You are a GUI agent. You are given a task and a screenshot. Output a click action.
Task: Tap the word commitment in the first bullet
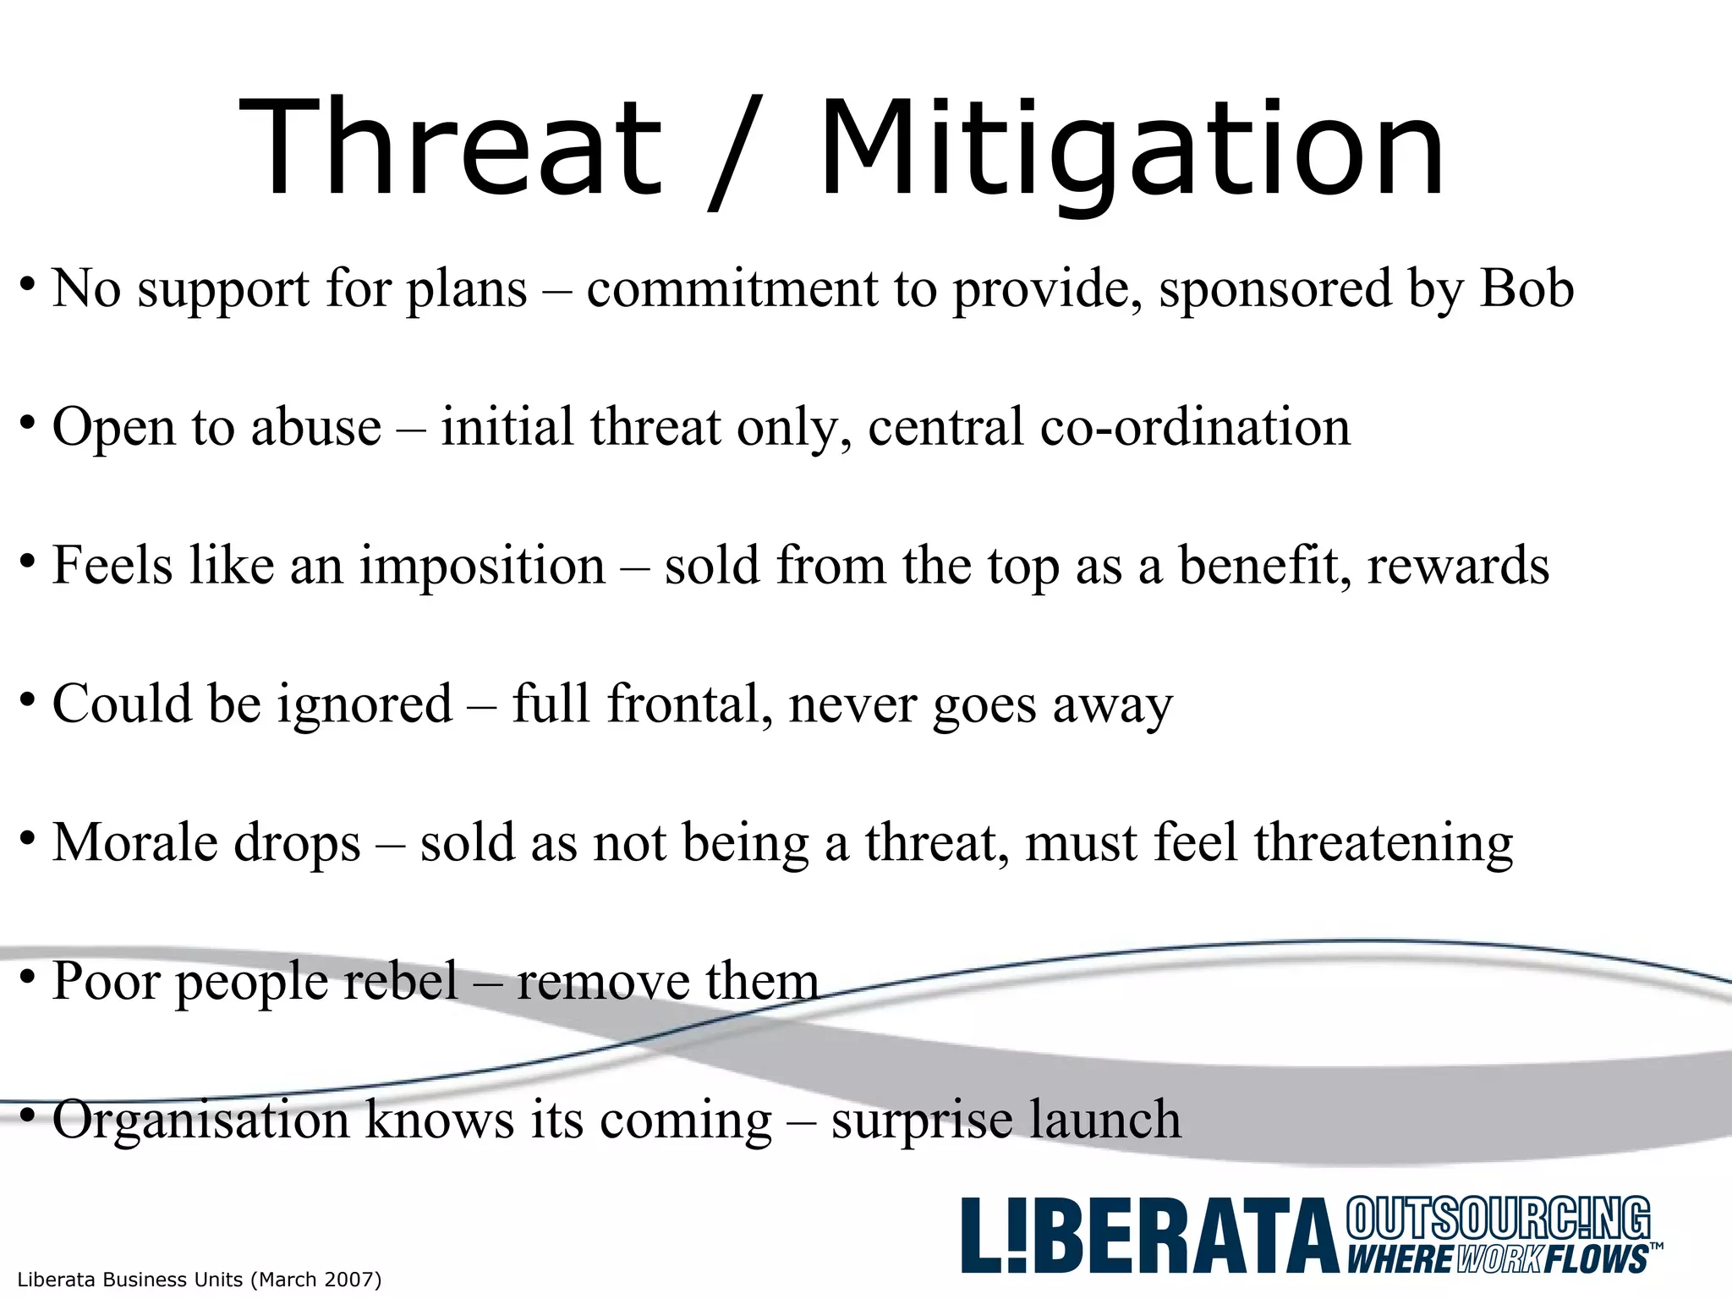click(x=732, y=289)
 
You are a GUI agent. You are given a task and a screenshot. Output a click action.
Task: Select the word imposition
click(x=482, y=566)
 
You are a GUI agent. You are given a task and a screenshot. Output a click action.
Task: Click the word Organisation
click(x=201, y=1121)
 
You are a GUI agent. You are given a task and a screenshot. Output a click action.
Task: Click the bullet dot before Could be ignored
click(x=28, y=699)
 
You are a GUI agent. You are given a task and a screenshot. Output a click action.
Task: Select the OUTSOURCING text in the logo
click(x=1497, y=1220)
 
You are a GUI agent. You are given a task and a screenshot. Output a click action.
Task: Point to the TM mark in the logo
click(x=1656, y=1247)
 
